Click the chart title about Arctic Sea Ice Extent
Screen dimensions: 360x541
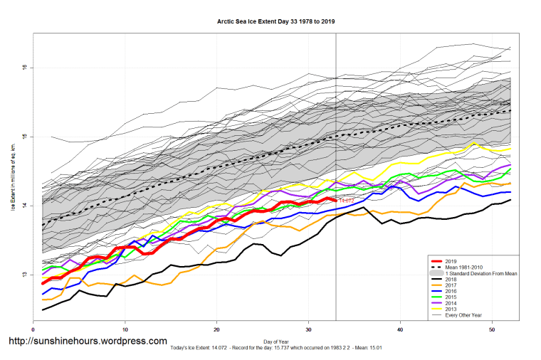(275, 21)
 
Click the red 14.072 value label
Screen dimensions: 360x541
(346, 201)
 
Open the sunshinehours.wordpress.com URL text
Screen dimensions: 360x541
(87, 342)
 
